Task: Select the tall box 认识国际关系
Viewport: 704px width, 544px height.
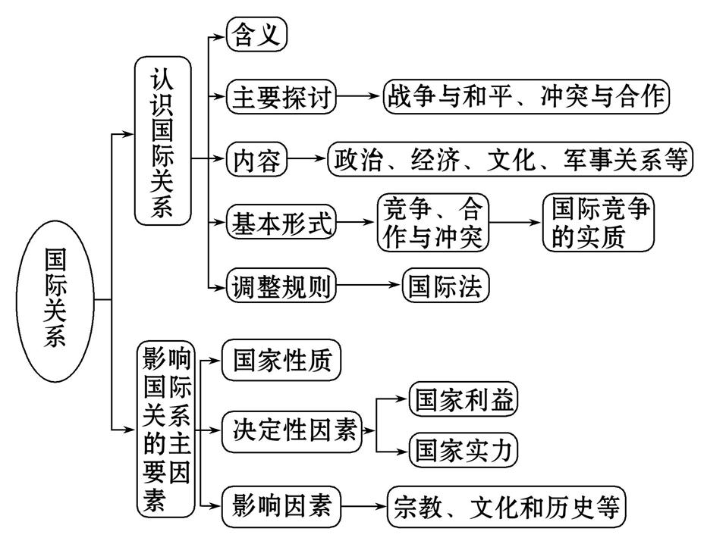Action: (x=162, y=142)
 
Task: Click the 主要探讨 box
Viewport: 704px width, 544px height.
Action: (x=281, y=97)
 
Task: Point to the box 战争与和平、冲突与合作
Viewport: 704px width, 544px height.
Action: (x=526, y=97)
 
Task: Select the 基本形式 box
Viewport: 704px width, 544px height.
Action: (x=281, y=223)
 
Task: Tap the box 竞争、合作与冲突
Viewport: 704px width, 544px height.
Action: (x=433, y=223)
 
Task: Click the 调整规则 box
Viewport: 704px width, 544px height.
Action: (x=281, y=286)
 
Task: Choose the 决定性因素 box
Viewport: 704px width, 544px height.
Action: (x=293, y=430)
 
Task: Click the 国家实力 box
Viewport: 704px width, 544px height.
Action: (x=463, y=452)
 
